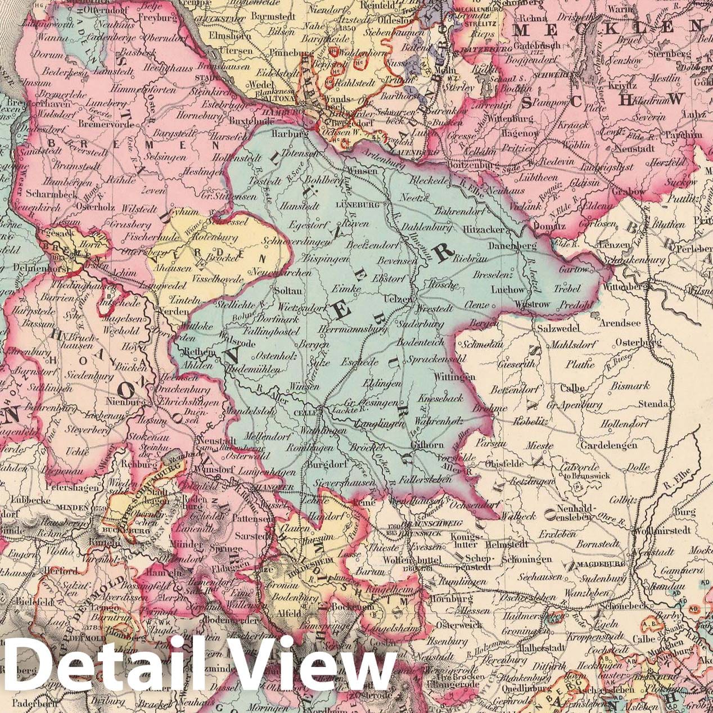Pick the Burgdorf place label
(x=324, y=465)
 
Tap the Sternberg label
(x=667, y=54)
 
